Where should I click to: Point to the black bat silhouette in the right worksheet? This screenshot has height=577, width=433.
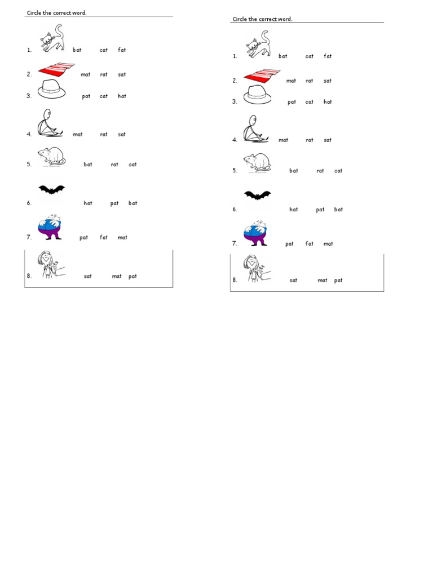[x=257, y=196]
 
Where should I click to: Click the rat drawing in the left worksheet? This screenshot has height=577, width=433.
[x=51, y=156]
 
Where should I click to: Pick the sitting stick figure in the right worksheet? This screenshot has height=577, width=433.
[x=253, y=129]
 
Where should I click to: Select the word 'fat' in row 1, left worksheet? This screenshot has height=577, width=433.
[x=122, y=50]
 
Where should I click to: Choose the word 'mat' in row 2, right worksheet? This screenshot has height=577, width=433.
[x=291, y=81]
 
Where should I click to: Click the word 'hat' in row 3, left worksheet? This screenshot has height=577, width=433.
[x=122, y=96]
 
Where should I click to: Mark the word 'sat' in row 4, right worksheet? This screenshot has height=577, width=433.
[x=328, y=140]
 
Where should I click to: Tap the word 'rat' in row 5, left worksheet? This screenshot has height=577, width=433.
[x=114, y=165]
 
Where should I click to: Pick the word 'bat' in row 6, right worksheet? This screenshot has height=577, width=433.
[x=338, y=210]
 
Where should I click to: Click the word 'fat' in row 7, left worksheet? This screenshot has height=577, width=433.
[x=104, y=238]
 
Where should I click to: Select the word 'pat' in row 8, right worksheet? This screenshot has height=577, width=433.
[x=338, y=281]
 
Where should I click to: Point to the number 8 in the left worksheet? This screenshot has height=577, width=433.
[x=28, y=277]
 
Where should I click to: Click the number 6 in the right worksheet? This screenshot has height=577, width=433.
[x=234, y=210]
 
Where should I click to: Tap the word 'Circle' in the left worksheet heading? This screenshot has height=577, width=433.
[x=34, y=13]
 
